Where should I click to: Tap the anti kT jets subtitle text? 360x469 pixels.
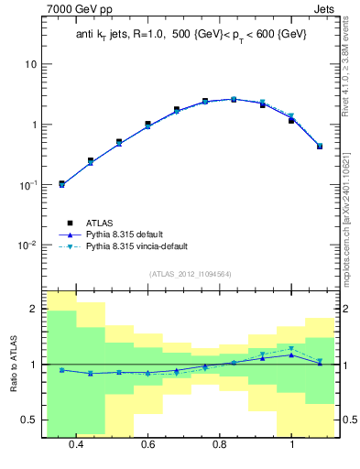(x=191, y=34)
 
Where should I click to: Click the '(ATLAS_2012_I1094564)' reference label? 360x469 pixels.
(x=189, y=273)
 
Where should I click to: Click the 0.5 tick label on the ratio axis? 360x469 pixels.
(x=30, y=420)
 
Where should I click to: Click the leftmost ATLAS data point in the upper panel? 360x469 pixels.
(x=62, y=183)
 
